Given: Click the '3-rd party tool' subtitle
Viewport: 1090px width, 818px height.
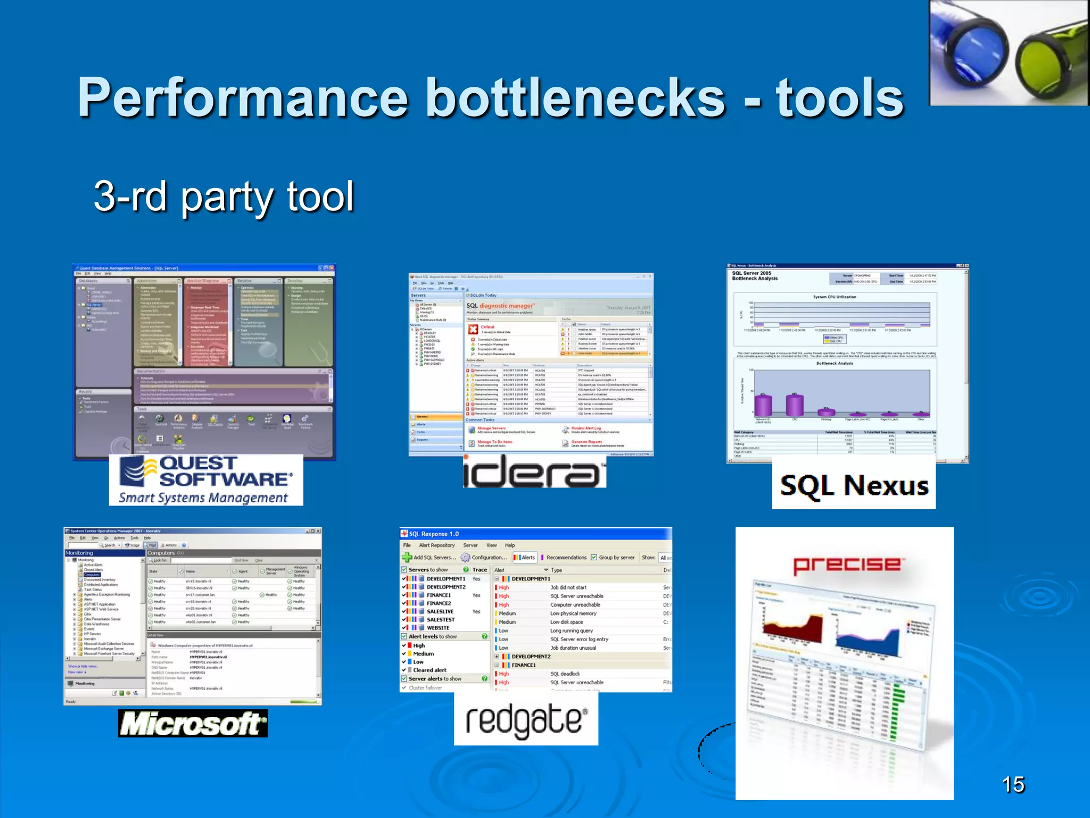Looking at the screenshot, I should pyautogui.click(x=224, y=197).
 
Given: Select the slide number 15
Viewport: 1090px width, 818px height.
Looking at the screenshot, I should pyautogui.click(x=1013, y=784).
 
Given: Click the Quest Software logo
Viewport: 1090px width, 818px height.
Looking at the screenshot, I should pyautogui.click(x=206, y=480).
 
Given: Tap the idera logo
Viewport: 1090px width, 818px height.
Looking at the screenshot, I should pyautogui.click(x=534, y=473).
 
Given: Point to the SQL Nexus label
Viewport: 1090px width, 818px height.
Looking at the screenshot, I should pyautogui.click(x=854, y=486).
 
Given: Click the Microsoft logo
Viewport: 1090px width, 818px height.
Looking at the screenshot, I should pyautogui.click(x=193, y=723).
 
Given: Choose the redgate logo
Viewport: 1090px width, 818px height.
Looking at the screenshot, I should pyautogui.click(x=526, y=720).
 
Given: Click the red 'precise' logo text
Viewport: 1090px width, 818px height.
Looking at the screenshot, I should pyautogui.click(x=846, y=565).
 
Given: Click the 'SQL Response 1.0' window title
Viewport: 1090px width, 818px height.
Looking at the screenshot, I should pyautogui.click(x=433, y=534).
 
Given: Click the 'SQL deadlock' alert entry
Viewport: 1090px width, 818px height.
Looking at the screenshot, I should pyautogui.click(x=565, y=674).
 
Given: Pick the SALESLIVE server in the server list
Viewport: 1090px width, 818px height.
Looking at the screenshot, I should pyautogui.click(x=440, y=611).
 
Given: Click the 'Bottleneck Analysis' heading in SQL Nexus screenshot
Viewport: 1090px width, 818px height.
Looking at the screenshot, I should pyautogui.click(x=754, y=278).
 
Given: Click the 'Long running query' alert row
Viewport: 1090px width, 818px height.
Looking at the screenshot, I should pyautogui.click(x=571, y=631).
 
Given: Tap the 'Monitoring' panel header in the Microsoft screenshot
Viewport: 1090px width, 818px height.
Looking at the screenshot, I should pyautogui.click(x=79, y=553).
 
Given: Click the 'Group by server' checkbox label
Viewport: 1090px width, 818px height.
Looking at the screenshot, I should pyautogui.click(x=616, y=558).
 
